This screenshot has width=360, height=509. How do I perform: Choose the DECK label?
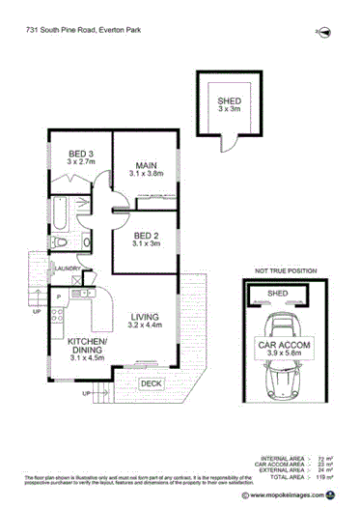click(150, 384)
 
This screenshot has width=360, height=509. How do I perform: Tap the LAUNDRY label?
click(67, 269)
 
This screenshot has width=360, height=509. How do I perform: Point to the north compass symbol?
click(324, 32)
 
